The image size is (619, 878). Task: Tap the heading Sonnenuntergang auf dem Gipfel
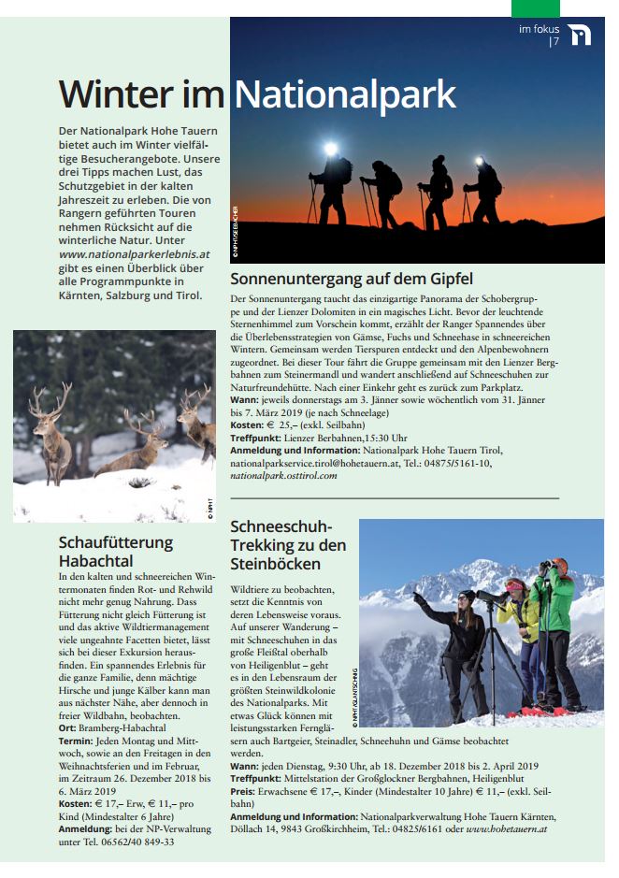click(x=352, y=279)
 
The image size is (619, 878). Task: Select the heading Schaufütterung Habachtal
click(x=115, y=551)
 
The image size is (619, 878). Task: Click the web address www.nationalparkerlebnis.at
click(x=134, y=253)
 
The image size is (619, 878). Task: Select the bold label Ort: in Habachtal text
click(x=68, y=727)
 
